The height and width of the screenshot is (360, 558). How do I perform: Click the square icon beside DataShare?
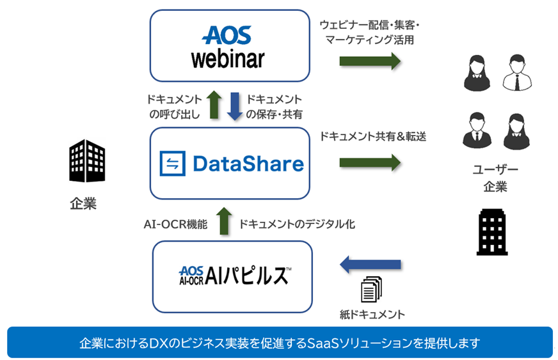172,164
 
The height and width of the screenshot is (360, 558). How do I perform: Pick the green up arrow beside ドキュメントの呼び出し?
214,106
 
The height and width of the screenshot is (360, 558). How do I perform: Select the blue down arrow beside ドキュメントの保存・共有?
234,106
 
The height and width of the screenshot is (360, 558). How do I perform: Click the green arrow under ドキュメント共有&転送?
369,162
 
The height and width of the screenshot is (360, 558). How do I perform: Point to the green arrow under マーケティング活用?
369,61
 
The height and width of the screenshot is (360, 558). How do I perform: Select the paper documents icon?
371,290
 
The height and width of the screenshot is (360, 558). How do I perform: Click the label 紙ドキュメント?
372,315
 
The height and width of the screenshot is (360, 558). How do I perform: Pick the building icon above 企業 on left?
87,160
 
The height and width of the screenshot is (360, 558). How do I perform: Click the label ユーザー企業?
495,178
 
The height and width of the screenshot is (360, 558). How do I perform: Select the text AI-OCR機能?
176,224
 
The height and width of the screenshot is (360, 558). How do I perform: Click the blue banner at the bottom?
279,342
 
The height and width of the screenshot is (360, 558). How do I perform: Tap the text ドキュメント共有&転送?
372,136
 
